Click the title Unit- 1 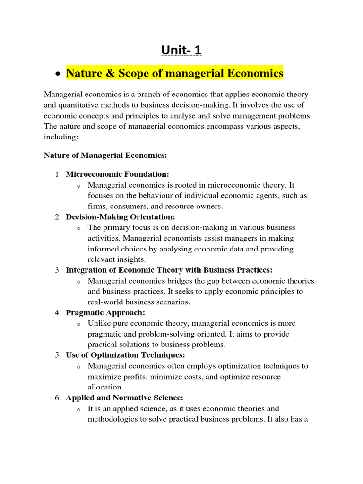click(181, 50)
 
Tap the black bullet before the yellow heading click(57, 74)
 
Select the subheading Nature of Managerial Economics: click(105, 155)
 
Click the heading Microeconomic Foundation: click(117, 174)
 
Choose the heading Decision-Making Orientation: click(120, 217)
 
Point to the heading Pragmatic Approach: click(105, 313)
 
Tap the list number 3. click(57, 270)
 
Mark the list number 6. click(57, 398)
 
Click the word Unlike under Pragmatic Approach click(98, 324)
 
